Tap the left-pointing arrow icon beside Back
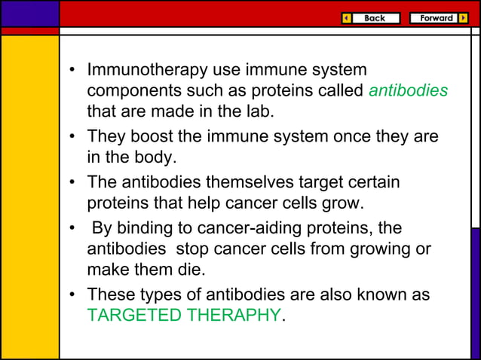pyautogui.click(x=346, y=18)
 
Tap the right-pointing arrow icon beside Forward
pyautogui.click(x=463, y=18)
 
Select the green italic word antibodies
pyautogui.click(x=409, y=91)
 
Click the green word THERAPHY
pyautogui.click(x=235, y=316)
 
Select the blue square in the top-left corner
pyautogui.click(x=29, y=13)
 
